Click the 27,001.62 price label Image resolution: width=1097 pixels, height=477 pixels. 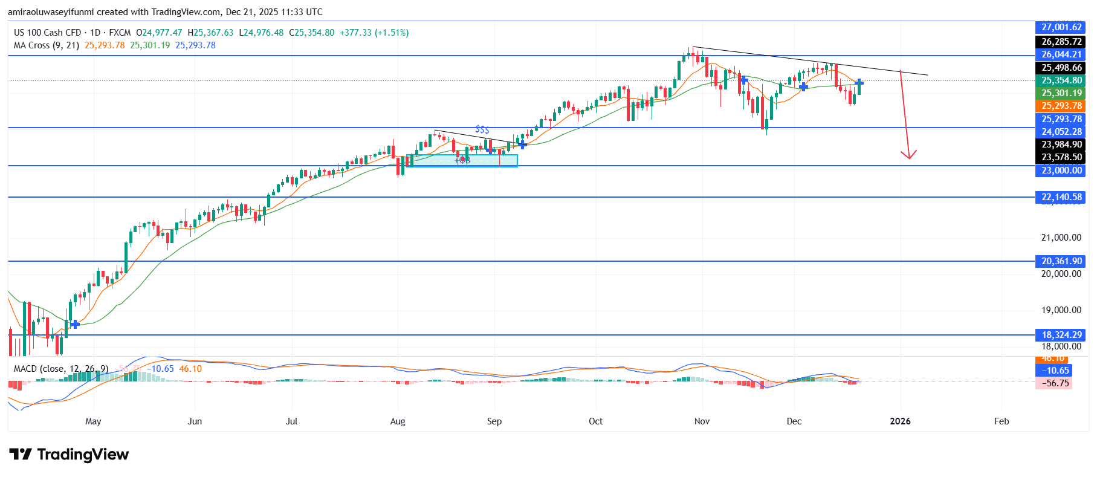pos(1061,27)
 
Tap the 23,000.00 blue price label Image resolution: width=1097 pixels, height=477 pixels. pos(1061,170)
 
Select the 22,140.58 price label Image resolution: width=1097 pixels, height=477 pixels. pos(1061,197)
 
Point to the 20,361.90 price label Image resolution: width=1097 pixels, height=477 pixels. pos(1061,261)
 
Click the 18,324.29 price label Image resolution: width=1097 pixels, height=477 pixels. pos(1061,335)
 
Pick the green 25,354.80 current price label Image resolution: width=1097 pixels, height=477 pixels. pos(1061,80)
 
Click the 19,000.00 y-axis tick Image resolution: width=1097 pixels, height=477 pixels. pos(1061,310)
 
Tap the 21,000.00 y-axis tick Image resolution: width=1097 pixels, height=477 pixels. pos(1061,238)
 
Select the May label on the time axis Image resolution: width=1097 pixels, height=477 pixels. pos(93,421)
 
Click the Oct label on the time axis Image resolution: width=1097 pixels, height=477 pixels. pos(595,421)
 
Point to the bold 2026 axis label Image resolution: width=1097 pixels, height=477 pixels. pos(900,421)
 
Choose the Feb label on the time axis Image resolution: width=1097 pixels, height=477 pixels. pos(1002,421)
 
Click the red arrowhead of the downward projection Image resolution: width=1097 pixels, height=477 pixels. pos(908,155)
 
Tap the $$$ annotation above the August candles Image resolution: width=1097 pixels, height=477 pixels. pos(482,129)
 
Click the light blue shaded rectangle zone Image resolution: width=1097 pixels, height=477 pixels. pos(462,160)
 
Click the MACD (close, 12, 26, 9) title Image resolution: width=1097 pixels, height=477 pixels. pos(61,369)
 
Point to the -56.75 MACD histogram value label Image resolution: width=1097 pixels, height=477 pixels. pos(1053,383)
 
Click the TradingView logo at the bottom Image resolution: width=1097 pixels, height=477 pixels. pos(69,455)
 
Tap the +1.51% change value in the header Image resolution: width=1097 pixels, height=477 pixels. pos(392,33)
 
